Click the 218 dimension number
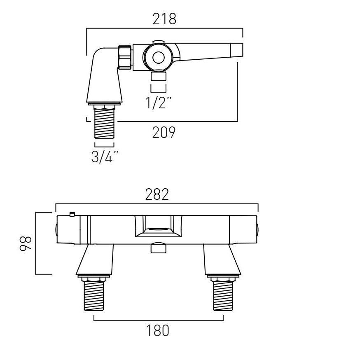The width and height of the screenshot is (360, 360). point(164,19)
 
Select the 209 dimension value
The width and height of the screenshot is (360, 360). point(164,133)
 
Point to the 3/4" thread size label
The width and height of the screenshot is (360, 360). point(105,157)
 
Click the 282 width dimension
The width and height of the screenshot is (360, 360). point(157,194)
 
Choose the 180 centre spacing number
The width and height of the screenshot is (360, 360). point(158,330)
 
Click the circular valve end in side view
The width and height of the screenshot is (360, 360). point(158,57)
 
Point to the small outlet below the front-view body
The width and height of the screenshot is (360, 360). point(157,249)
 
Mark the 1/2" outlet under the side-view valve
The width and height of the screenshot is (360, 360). point(159,76)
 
